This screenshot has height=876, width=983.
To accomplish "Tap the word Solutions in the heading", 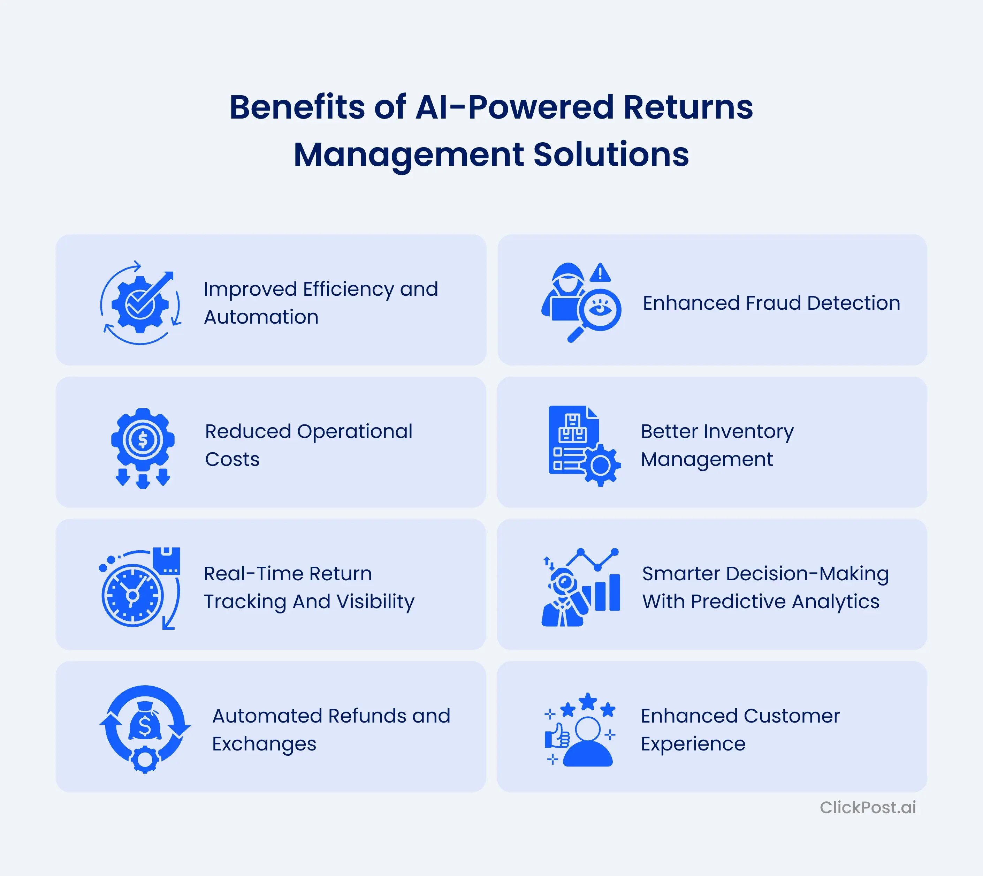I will pyautogui.click(x=611, y=154).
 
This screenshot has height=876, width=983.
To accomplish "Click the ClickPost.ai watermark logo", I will pyautogui.click(x=868, y=807).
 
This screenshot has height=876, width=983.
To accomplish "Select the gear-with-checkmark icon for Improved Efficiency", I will pyautogui.click(x=140, y=304).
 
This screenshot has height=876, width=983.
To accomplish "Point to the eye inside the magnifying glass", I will pyautogui.click(x=600, y=309).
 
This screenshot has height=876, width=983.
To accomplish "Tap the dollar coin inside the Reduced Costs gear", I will pyautogui.click(x=143, y=439).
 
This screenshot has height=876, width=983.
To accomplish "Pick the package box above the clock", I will pyautogui.click(x=167, y=560).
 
